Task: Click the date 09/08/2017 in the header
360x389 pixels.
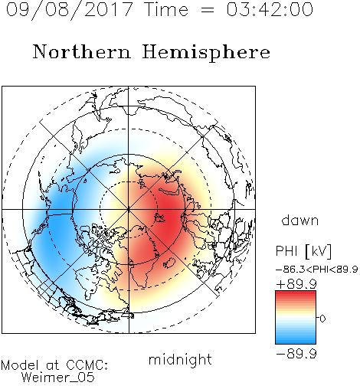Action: point(69,10)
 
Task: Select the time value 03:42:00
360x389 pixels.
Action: point(270,9)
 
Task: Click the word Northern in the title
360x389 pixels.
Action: point(81,51)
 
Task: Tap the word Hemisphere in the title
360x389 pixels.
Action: point(206,53)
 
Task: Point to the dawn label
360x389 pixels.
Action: point(300,220)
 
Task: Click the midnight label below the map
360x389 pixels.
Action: point(180,360)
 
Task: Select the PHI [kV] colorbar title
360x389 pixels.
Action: point(303,251)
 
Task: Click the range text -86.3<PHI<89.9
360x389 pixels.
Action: point(317,270)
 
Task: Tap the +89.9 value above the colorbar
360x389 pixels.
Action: point(296,284)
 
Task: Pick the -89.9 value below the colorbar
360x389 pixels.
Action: point(296,354)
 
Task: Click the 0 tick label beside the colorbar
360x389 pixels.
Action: point(322,319)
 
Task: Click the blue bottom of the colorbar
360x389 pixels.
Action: point(296,339)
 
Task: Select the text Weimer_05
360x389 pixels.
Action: point(58,378)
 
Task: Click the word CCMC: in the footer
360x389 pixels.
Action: point(87,365)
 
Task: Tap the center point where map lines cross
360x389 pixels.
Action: point(129,210)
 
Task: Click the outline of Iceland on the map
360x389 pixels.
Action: point(169,263)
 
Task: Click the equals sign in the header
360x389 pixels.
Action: point(207,10)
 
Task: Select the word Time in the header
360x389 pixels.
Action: point(166,9)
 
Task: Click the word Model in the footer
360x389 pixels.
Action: point(20,365)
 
